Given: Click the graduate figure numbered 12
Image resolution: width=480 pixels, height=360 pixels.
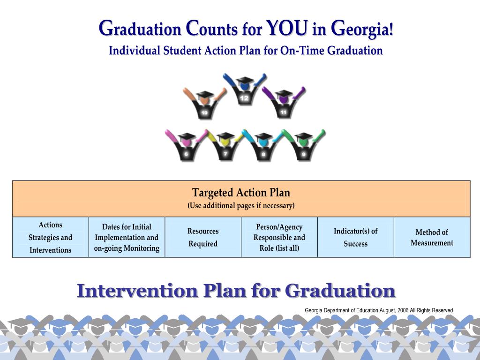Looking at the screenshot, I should pos(244,91).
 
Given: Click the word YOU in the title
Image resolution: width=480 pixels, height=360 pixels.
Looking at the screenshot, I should pos(287,29).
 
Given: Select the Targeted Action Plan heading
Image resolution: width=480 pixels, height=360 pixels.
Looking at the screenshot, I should pos(241,193).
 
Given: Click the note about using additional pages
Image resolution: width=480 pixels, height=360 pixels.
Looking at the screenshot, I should pos(241,206).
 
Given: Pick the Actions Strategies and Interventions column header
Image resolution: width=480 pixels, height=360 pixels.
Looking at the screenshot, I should pos(51,237).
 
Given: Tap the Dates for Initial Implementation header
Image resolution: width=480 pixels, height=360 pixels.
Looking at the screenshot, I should pos(127,237).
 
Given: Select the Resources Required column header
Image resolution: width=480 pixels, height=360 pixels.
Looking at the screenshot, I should pos(203,237).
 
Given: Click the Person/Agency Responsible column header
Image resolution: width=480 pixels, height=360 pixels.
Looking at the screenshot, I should pos(279,237).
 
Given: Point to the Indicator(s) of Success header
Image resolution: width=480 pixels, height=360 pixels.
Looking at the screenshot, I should pos(356,237).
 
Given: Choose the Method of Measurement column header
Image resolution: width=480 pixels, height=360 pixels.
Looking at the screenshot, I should pos(432,237).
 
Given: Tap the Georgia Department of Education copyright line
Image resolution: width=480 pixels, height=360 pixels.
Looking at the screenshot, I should pos(379,310).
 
